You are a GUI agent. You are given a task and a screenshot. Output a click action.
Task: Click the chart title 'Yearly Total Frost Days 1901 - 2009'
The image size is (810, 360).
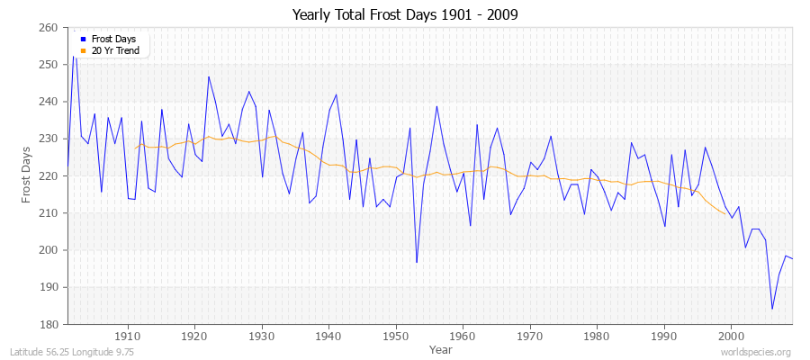405,15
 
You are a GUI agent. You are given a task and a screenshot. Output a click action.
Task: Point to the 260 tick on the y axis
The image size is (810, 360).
50,28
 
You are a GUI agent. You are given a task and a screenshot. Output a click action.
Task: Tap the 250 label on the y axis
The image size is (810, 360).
50,65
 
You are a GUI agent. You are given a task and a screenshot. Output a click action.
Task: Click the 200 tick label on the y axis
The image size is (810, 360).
50,250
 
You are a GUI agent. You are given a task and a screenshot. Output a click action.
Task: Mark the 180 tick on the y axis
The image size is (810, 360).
50,324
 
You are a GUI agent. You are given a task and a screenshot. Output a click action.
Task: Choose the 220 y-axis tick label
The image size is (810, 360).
50,176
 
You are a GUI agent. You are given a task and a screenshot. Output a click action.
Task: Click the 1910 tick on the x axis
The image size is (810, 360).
128,336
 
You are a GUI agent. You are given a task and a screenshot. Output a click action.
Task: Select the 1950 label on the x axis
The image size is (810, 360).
395,336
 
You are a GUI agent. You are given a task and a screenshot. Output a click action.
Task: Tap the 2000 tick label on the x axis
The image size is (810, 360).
730,336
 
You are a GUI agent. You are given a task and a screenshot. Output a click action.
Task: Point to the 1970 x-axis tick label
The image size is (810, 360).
529,336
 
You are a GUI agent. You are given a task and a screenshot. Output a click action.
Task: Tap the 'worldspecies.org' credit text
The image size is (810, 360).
756,353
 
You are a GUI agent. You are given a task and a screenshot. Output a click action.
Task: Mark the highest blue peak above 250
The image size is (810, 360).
74,56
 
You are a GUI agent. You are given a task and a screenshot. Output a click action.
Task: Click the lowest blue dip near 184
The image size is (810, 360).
771,309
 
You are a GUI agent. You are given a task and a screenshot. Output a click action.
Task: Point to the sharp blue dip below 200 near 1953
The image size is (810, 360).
416,263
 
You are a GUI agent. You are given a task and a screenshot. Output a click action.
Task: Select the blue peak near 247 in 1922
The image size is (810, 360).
208,76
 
